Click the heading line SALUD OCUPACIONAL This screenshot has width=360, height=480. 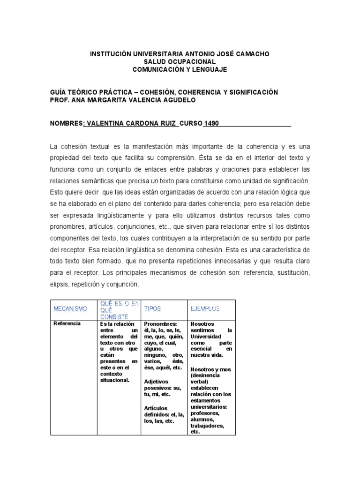(180, 62)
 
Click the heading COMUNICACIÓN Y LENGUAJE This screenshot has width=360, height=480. (180, 69)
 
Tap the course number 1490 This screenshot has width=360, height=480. (211, 124)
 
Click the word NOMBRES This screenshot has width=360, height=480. (66, 124)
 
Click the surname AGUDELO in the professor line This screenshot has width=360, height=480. (176, 100)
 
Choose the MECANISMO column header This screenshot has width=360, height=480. (70, 309)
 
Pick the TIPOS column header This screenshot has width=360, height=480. (152, 309)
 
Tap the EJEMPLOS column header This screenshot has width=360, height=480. (205, 309)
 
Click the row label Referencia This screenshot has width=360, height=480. (67, 324)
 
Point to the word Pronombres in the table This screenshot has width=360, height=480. (160, 324)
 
